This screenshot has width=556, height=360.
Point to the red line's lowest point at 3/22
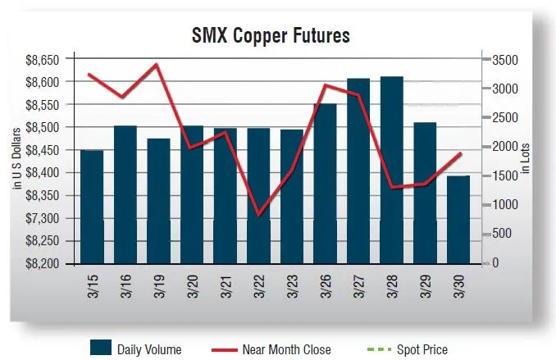coord(258,215)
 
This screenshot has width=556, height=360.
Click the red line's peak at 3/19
coord(157,64)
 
